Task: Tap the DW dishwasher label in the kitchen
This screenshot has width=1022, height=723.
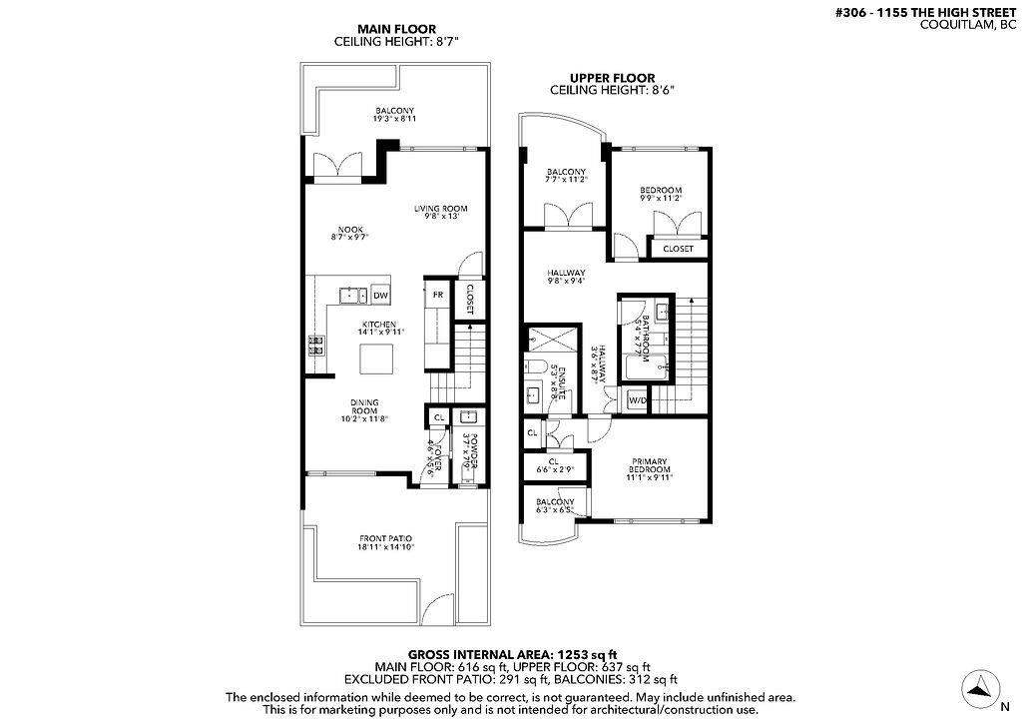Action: coord(380,296)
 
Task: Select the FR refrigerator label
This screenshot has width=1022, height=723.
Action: coord(437,295)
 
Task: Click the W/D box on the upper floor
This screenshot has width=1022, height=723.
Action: coord(636,401)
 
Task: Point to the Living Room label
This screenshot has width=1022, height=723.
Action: coord(441,214)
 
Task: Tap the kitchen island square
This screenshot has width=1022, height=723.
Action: coord(376,357)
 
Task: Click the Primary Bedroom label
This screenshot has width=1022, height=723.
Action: coord(649,470)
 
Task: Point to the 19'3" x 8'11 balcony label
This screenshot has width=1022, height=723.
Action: coord(394,114)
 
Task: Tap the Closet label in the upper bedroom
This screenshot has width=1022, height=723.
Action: coord(678,249)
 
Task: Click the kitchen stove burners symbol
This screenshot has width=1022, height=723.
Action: coord(316,346)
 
